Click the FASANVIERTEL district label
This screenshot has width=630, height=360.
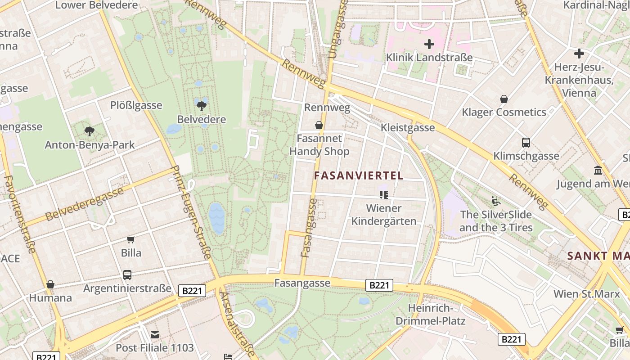pyautogui.click(x=359, y=175)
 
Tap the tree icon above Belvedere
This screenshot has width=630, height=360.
pyautogui.click(x=201, y=106)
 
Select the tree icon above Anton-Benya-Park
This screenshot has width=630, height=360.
pyautogui.click(x=89, y=131)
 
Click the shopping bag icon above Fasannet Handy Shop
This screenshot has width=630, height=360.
pyautogui.click(x=319, y=125)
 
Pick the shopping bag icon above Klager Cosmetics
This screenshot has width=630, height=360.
pyautogui.click(x=504, y=99)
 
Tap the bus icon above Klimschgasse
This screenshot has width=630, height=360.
pyautogui.click(x=526, y=143)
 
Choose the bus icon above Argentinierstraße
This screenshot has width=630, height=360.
pyautogui.click(x=127, y=274)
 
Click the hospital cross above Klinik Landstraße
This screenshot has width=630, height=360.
pyautogui.click(x=429, y=44)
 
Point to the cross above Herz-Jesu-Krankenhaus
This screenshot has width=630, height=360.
pyautogui.click(x=579, y=54)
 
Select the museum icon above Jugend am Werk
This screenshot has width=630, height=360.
pyautogui.click(x=598, y=171)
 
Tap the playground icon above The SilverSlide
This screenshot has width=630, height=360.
pyautogui.click(x=496, y=201)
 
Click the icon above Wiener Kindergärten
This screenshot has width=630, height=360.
pyautogui.click(x=384, y=194)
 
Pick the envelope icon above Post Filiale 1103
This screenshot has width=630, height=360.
pyautogui.click(x=155, y=334)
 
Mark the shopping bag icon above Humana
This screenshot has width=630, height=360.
pyautogui.click(x=50, y=284)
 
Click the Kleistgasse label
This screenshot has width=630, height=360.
pyautogui.click(x=408, y=127)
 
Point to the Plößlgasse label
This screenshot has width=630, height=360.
pyautogui.click(x=136, y=105)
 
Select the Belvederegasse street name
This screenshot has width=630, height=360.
pyautogui.click(x=84, y=204)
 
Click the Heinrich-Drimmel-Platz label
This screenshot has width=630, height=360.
pyautogui.click(x=430, y=315)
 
